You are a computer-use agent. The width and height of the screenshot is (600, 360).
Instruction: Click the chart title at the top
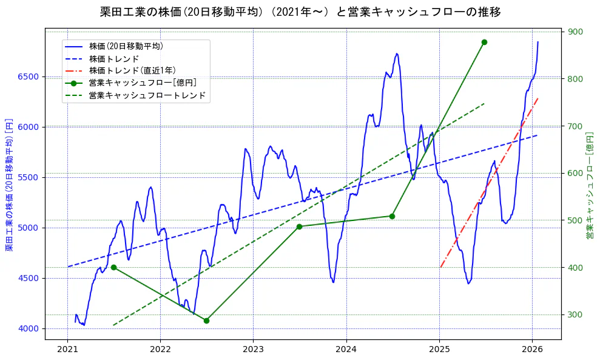click(300, 12)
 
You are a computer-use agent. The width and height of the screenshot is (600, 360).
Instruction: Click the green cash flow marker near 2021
click(113, 267)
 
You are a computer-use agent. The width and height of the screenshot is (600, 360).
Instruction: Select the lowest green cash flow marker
click(206, 321)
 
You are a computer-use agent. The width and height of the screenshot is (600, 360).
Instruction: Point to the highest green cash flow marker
click(484, 42)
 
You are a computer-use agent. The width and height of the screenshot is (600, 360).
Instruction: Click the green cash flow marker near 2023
click(299, 226)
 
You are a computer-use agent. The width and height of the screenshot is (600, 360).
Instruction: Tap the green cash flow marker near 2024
click(392, 216)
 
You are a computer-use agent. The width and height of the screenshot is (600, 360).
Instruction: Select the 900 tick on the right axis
click(575, 32)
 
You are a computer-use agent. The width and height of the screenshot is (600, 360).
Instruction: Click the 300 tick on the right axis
click(575, 314)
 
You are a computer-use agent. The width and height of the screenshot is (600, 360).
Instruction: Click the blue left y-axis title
click(9, 185)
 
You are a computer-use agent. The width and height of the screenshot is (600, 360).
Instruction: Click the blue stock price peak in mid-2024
click(397, 54)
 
